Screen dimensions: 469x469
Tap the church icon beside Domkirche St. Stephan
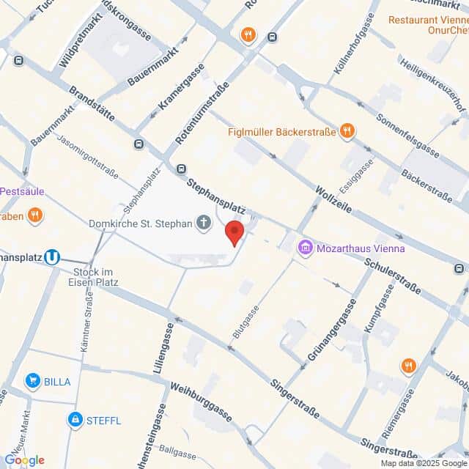204,224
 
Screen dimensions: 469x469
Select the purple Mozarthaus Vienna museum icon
305,248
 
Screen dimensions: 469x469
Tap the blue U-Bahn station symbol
51,257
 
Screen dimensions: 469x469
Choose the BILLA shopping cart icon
32,380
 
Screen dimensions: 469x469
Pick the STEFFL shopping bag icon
74,419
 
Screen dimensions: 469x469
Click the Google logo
24,459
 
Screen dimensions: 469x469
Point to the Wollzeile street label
333,199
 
